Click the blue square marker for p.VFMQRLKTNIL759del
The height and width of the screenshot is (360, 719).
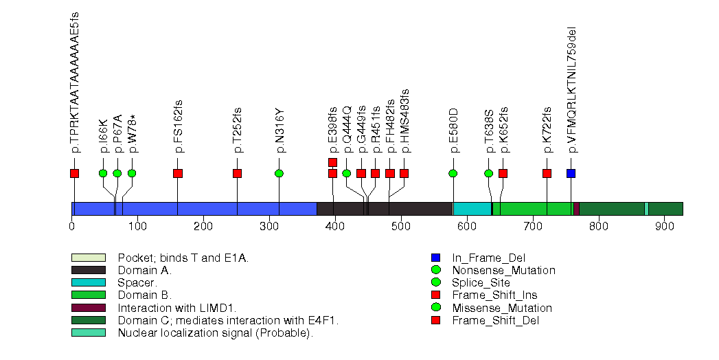pyautogui.click(x=571, y=173)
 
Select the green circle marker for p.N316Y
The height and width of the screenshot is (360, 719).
pyautogui.click(x=279, y=173)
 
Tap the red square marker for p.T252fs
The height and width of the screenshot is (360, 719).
pyautogui.click(x=238, y=173)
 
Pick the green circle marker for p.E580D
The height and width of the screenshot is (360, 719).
pyautogui.click(x=453, y=173)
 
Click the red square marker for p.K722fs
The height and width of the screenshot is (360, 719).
pyautogui.click(x=547, y=173)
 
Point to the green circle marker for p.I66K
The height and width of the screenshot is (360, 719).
pyautogui.click(x=103, y=173)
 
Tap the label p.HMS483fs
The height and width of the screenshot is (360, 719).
pyautogui.click(x=404, y=120)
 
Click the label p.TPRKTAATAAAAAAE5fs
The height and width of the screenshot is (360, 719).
pyautogui.click(x=75, y=82)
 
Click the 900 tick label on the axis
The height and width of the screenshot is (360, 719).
pyautogui.click(x=664, y=226)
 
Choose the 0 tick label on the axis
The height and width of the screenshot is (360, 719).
pyautogui.click(x=72, y=226)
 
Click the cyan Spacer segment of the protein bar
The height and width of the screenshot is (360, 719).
pyautogui.click(x=472, y=209)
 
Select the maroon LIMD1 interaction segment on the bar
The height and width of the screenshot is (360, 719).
pyautogui.click(x=576, y=209)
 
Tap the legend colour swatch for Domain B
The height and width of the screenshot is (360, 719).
pyautogui.click(x=88, y=295)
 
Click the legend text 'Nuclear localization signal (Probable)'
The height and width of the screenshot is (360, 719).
pyautogui.click(x=215, y=333)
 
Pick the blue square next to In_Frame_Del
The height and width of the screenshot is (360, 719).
pyautogui.click(x=435, y=258)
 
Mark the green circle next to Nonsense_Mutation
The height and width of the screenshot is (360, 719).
pyautogui.click(x=435, y=270)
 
